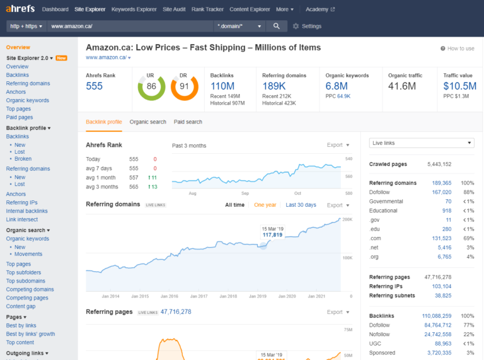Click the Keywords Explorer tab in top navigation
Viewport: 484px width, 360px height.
134,9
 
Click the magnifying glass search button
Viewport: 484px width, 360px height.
276,26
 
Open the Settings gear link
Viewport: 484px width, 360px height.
307,26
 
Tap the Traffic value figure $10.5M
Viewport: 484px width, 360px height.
459,86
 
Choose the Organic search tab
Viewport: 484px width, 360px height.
148,122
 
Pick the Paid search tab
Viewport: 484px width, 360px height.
188,122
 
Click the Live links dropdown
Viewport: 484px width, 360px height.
421,143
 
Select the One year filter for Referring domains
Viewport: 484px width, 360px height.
265,205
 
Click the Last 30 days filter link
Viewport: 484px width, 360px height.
301,205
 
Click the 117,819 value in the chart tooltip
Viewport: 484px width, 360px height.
272,235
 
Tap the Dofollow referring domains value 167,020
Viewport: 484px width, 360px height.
441,192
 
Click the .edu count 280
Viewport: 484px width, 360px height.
446,229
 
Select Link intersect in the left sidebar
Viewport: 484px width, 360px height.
22,219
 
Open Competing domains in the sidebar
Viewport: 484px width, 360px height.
30,289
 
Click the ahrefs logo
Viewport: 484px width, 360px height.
21,9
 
